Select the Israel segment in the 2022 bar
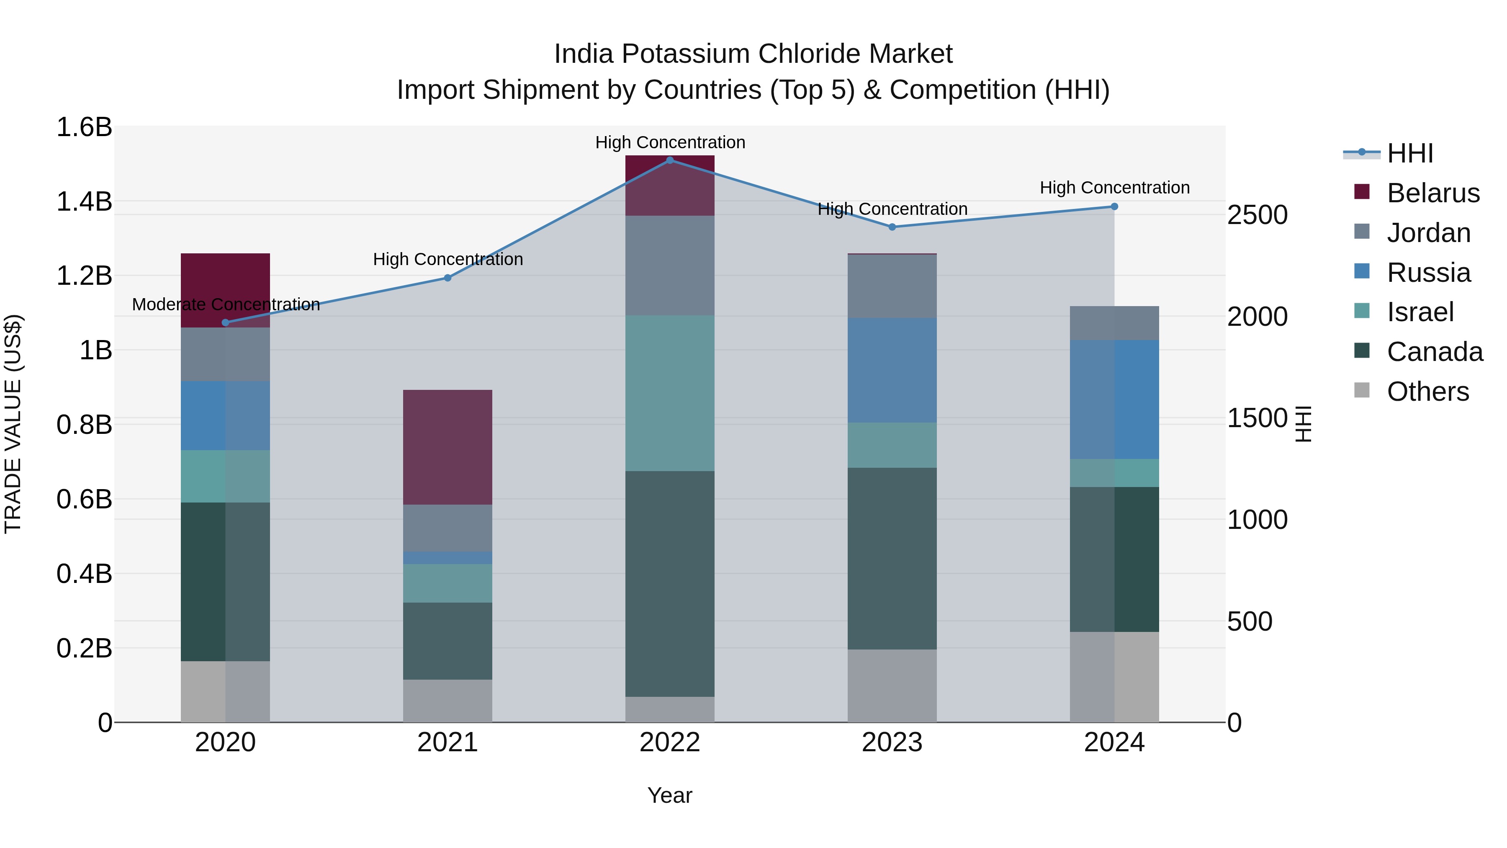[x=670, y=393]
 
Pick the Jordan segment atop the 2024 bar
[x=1114, y=323]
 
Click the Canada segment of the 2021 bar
[x=447, y=641]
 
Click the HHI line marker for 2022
[x=670, y=160]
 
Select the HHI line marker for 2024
[x=1114, y=206]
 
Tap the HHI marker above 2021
[x=447, y=278]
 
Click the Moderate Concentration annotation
[x=226, y=304]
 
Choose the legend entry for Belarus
[x=1433, y=193]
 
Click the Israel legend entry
[x=1420, y=312]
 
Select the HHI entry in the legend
[x=1409, y=153]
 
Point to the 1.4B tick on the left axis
[x=84, y=201]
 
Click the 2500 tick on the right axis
[x=1257, y=215]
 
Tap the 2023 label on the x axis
[x=892, y=742]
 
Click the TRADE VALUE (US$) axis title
[x=13, y=424]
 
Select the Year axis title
[x=670, y=795]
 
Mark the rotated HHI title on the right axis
[x=1304, y=424]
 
